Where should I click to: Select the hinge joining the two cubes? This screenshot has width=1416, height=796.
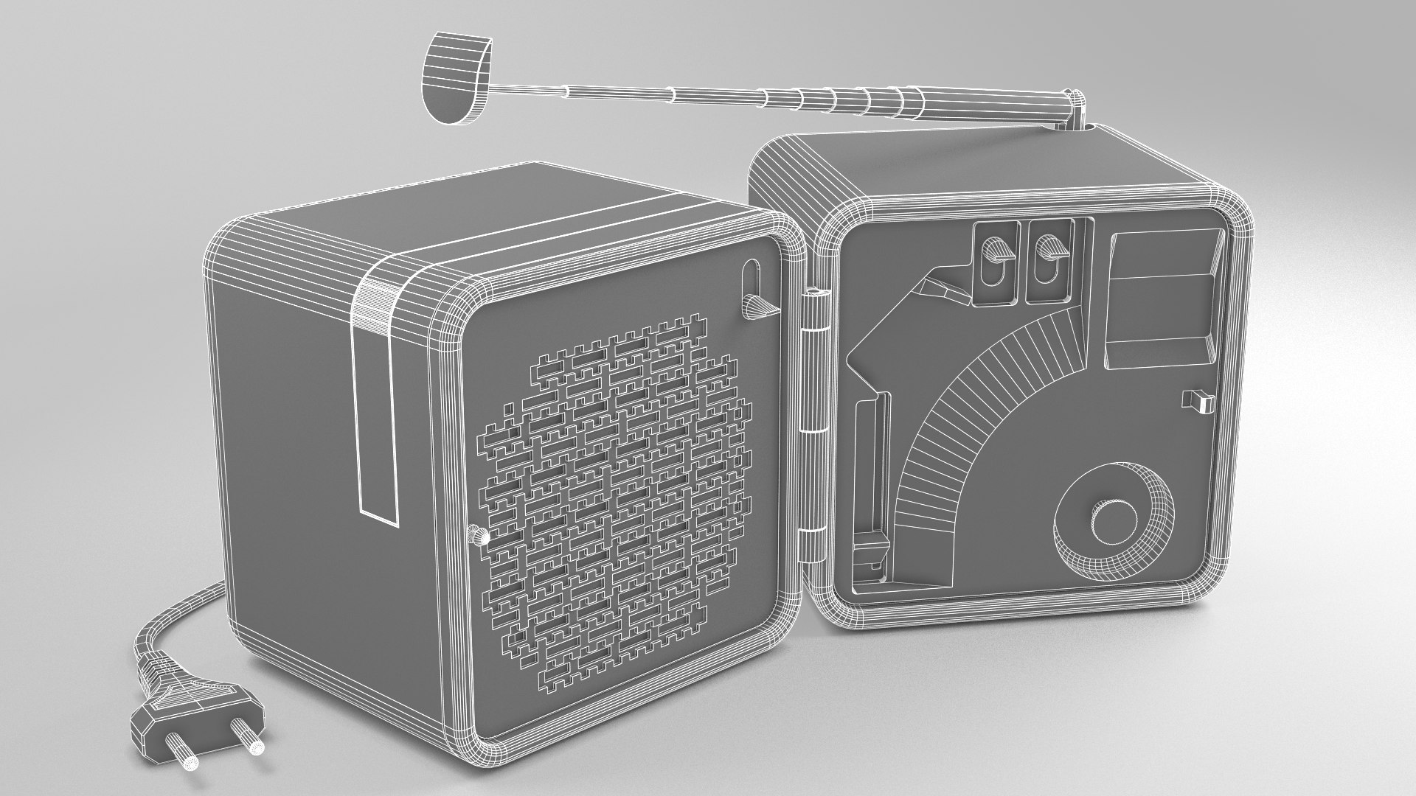pyautogui.click(x=813, y=413)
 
